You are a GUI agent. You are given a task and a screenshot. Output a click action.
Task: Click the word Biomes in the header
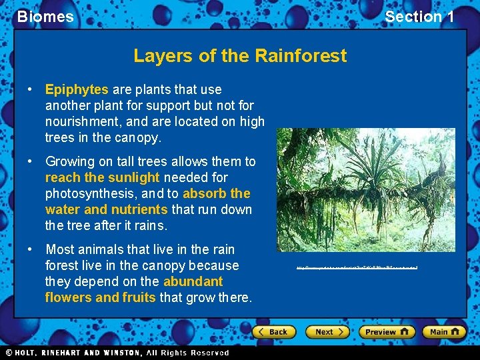click(x=45, y=17)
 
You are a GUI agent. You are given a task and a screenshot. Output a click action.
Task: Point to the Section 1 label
click(x=419, y=17)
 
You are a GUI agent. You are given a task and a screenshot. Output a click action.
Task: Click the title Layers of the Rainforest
click(x=240, y=55)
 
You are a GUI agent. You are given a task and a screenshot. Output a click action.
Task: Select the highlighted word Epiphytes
click(x=77, y=89)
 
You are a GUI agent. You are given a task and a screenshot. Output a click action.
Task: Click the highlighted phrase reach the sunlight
click(x=103, y=177)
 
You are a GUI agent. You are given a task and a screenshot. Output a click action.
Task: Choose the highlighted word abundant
click(x=193, y=281)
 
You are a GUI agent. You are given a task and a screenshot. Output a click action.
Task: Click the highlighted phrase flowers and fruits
click(x=100, y=297)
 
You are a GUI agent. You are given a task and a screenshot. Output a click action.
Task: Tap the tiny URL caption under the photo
click(x=357, y=267)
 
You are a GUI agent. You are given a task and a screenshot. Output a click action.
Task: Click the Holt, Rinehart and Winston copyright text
click(x=117, y=353)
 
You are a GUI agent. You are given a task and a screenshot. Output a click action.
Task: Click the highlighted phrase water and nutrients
click(x=106, y=209)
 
